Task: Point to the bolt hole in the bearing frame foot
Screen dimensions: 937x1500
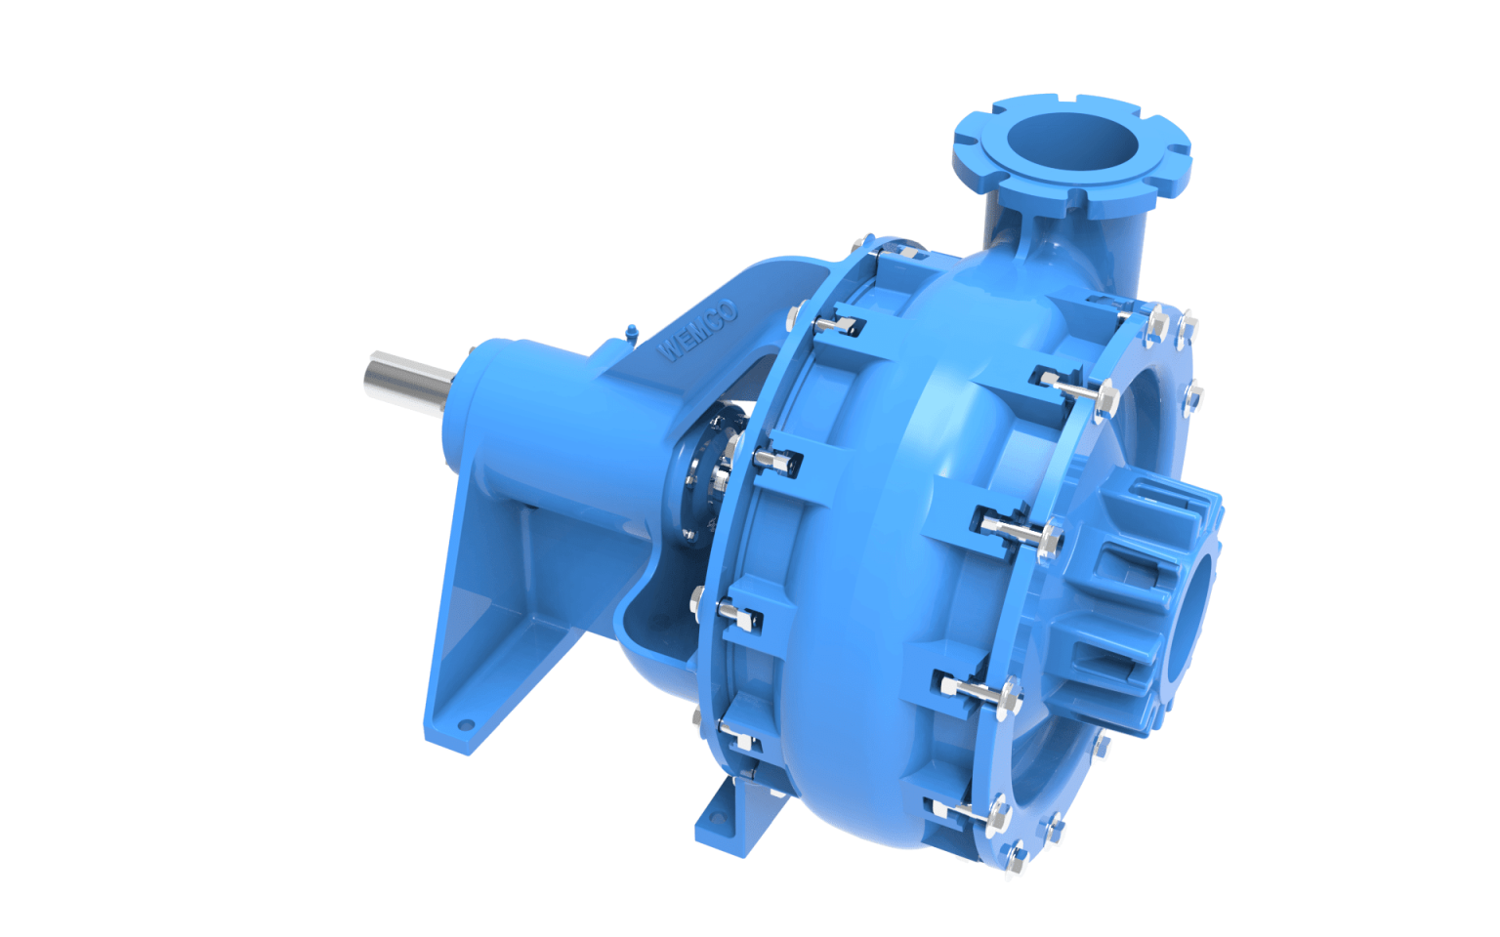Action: (x=466, y=725)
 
